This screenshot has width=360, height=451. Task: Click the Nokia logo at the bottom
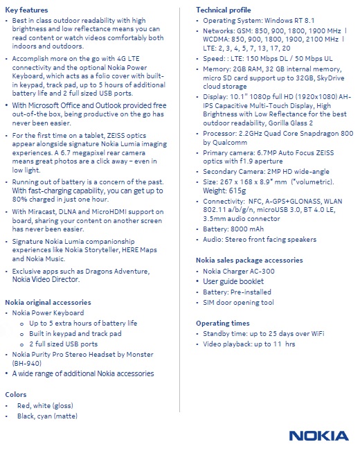pos(318,436)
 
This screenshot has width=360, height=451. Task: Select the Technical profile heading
pos(223,10)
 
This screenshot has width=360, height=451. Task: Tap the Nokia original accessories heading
pos(48,303)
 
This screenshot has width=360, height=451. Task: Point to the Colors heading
pos(16,394)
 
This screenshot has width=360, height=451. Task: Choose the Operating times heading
pos(222,324)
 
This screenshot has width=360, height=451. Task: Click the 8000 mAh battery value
pos(247,229)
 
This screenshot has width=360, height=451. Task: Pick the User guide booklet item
pos(233,281)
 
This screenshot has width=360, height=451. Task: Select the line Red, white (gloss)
pos(45,405)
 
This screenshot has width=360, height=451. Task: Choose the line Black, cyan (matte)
pos(47,416)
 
